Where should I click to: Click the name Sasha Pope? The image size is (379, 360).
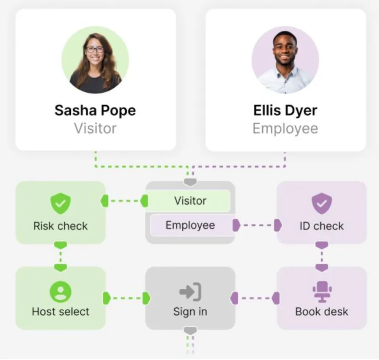(x=95, y=111)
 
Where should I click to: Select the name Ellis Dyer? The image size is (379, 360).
(x=285, y=111)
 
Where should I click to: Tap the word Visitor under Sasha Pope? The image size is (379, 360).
(x=95, y=128)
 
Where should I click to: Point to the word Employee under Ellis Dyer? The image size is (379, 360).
(x=285, y=128)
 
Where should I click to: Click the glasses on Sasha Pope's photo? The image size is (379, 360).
(x=95, y=49)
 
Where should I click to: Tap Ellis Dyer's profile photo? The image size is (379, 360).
(x=285, y=60)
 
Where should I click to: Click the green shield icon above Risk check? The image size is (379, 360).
(x=61, y=204)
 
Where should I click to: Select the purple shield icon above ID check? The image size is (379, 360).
(x=322, y=204)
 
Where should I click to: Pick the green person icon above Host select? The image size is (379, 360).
(x=61, y=291)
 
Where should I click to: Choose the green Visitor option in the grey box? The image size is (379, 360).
(x=190, y=201)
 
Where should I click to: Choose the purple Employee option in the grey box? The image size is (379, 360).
(x=190, y=225)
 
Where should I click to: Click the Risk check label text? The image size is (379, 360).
(x=61, y=226)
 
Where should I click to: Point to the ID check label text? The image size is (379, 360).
(x=322, y=226)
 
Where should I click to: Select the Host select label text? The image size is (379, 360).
(x=61, y=312)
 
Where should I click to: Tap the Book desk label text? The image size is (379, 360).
(x=322, y=312)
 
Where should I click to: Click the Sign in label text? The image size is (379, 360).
(x=190, y=312)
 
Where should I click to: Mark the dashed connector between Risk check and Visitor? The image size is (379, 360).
(x=125, y=201)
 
